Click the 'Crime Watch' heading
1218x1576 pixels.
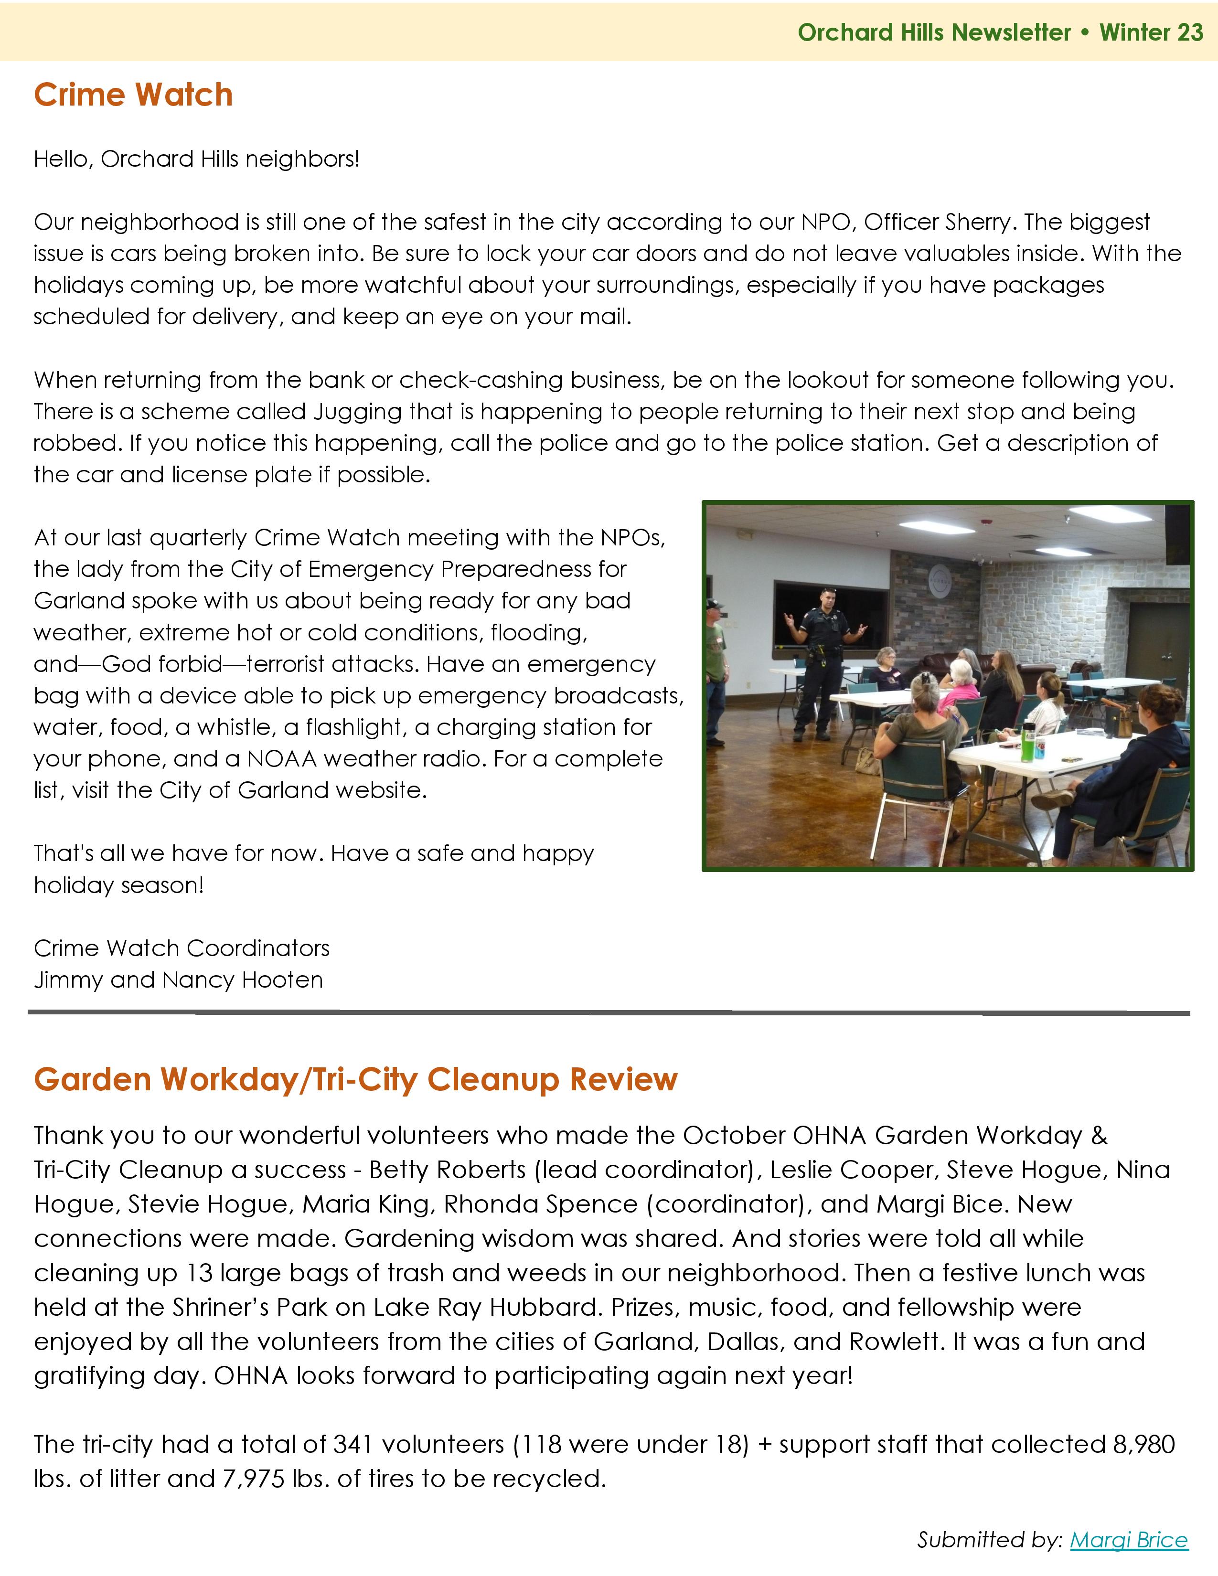pyautogui.click(x=133, y=95)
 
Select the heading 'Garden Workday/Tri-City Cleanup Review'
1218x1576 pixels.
pyautogui.click(x=356, y=1079)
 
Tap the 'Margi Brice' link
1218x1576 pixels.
pyautogui.click(x=1129, y=1539)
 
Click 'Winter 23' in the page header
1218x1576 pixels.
pyautogui.click(x=1151, y=32)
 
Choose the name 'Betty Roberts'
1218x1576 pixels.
pyautogui.click(x=448, y=1169)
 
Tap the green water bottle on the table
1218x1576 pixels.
pyautogui.click(x=1027, y=740)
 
